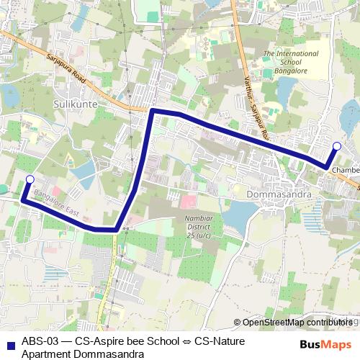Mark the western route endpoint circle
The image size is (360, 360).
(30, 179)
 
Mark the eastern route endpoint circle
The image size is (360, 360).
(336, 146)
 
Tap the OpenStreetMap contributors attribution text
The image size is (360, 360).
(297, 323)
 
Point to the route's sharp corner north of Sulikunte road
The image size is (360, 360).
(152, 112)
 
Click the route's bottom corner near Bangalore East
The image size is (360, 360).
(117, 230)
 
